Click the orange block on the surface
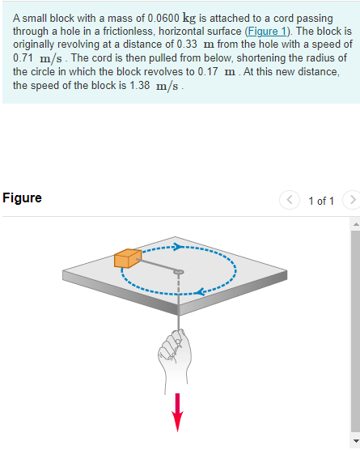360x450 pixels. (128, 257)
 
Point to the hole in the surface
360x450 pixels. (179, 272)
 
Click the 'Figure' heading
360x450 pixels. (22, 198)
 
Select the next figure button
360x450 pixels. (349, 200)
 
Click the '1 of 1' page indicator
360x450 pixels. (320, 201)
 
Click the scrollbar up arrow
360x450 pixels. (354, 223)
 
